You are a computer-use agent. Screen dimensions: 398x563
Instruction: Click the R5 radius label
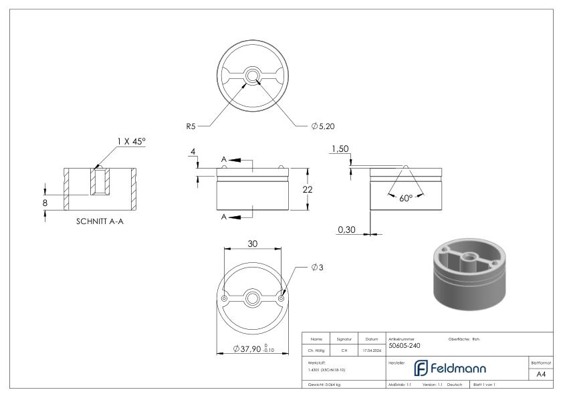coord(192,125)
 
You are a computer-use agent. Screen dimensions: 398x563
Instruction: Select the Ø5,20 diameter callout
coord(323,126)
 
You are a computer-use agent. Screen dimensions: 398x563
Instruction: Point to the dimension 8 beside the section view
coord(45,202)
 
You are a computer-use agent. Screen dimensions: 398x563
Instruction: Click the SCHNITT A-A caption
coord(100,222)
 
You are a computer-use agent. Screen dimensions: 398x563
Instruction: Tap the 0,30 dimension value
coord(347,229)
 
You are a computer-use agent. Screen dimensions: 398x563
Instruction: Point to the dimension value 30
coord(253,244)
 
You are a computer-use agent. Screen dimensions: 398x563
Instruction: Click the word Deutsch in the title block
coord(455,385)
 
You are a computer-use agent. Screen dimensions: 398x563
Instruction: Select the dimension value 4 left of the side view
coord(193,153)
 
